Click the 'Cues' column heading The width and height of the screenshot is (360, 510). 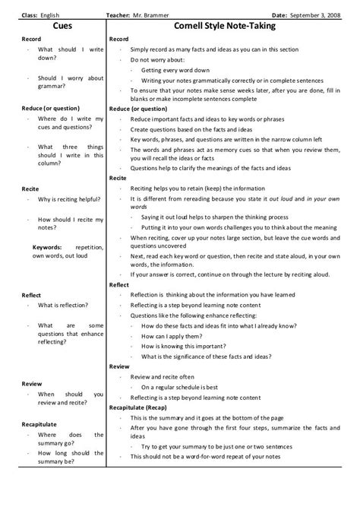(x=54, y=25)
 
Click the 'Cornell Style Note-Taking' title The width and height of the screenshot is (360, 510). (x=224, y=25)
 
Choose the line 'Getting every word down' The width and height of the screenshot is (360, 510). (x=178, y=69)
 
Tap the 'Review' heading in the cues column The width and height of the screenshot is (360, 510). (x=32, y=384)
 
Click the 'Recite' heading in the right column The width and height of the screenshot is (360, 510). (x=118, y=177)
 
